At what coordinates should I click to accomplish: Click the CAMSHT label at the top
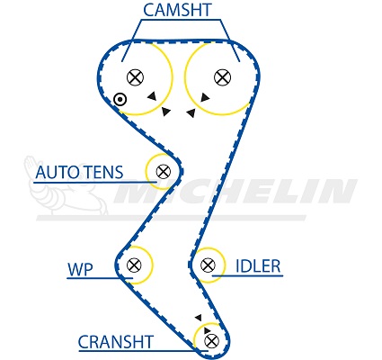(x=177, y=10)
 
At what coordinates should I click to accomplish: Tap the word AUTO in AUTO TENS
(x=58, y=172)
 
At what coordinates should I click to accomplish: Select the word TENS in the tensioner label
(x=103, y=172)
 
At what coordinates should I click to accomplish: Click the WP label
(x=81, y=269)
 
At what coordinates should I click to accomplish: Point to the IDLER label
(x=258, y=265)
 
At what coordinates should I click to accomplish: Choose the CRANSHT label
(x=116, y=342)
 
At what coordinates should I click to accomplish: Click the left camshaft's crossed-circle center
(x=135, y=77)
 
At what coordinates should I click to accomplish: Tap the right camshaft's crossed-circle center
(x=223, y=77)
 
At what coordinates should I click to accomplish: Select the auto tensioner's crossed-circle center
(x=164, y=172)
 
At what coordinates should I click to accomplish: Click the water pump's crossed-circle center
(x=134, y=265)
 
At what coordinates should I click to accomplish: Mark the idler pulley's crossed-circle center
(x=208, y=265)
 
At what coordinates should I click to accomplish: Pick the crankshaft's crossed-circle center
(x=212, y=341)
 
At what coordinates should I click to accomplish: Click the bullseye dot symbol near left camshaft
(x=120, y=99)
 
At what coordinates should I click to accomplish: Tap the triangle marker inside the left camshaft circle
(x=152, y=95)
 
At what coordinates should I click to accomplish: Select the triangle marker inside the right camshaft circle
(x=205, y=97)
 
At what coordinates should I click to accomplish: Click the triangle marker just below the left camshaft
(x=165, y=112)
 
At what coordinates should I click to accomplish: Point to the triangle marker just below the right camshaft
(x=191, y=112)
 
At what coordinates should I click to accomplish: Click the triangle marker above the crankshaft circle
(x=198, y=318)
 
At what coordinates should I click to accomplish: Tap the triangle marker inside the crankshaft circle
(x=207, y=330)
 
